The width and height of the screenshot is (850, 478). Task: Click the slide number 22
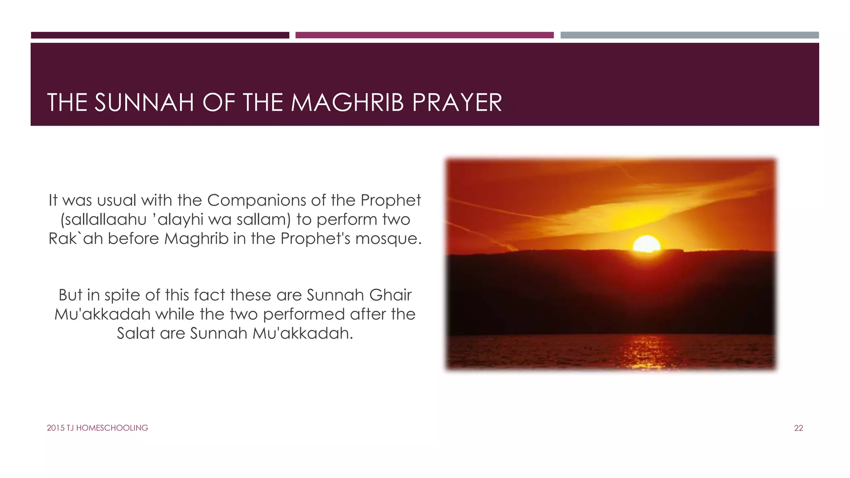pyautogui.click(x=798, y=428)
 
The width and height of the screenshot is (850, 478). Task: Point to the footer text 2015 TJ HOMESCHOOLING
pyautogui.click(x=97, y=428)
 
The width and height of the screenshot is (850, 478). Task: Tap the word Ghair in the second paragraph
pyautogui.click(x=390, y=295)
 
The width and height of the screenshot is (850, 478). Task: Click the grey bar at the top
pyautogui.click(x=689, y=35)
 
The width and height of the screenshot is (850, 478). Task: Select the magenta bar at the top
pyautogui.click(x=424, y=35)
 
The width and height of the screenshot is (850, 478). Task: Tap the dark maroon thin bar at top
pyautogui.click(x=160, y=35)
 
